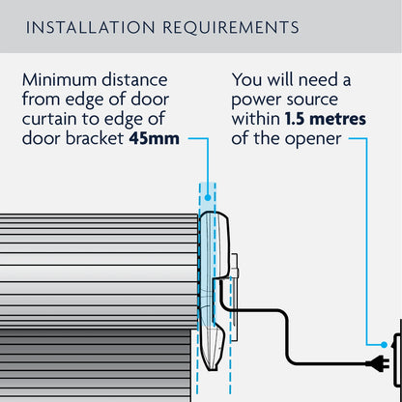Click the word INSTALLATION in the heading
click(86, 26)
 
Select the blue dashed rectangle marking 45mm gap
click(208, 290)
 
